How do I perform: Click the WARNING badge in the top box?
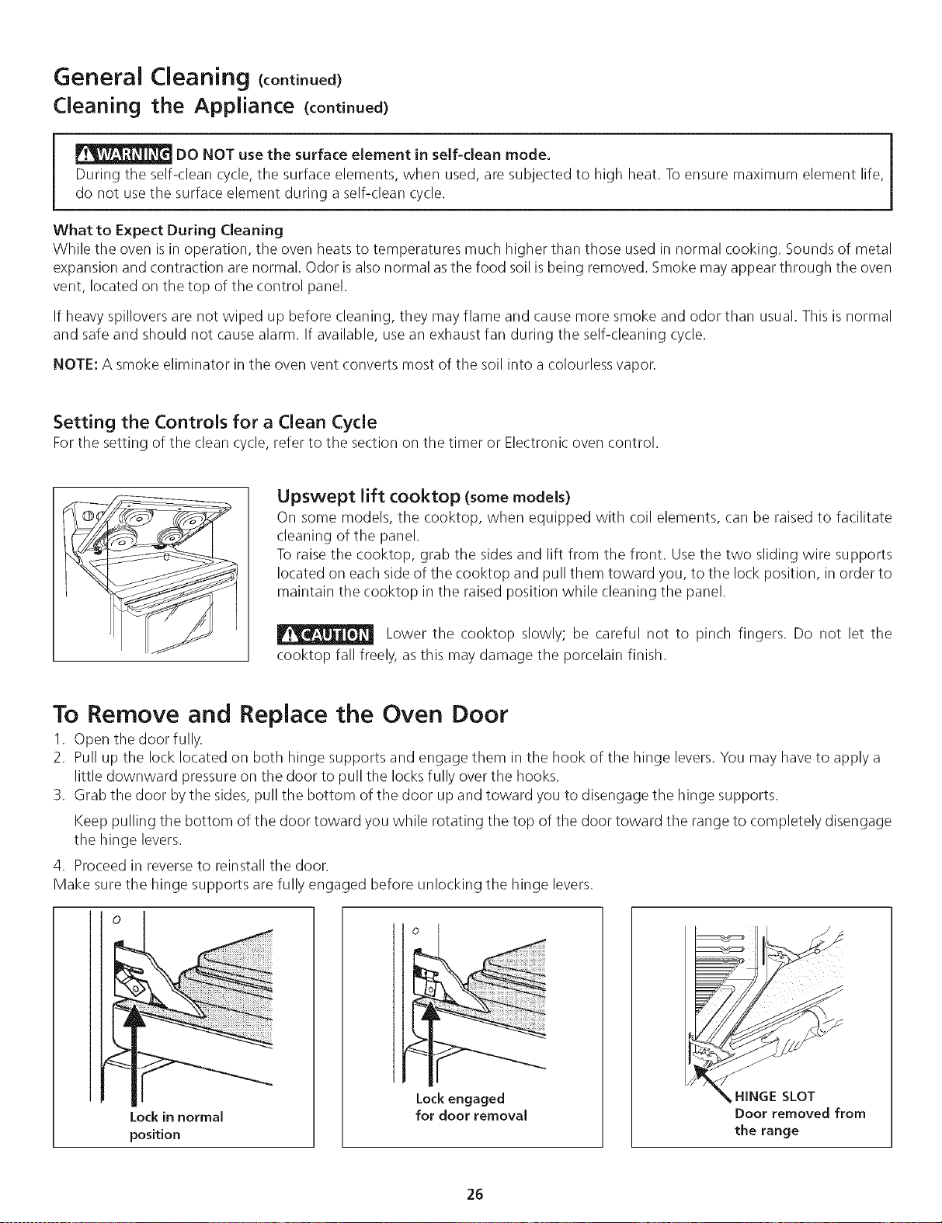pos(123,154)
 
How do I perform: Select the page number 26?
pos(475,1193)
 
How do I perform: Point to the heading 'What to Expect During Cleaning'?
pos(168,230)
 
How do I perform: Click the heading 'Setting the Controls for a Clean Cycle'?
pos(215,422)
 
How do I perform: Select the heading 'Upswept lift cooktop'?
pos(369,496)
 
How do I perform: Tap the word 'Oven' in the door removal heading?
pos(412,714)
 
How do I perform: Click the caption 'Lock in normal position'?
pos(176,1125)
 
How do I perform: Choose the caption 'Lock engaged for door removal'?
pos(471,1107)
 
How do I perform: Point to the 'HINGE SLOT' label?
pos(774,1096)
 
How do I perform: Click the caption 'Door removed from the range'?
pos(800,1122)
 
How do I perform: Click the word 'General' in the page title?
pos(97,76)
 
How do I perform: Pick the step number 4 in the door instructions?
pos(57,864)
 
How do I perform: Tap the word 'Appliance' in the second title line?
pos(244,106)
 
